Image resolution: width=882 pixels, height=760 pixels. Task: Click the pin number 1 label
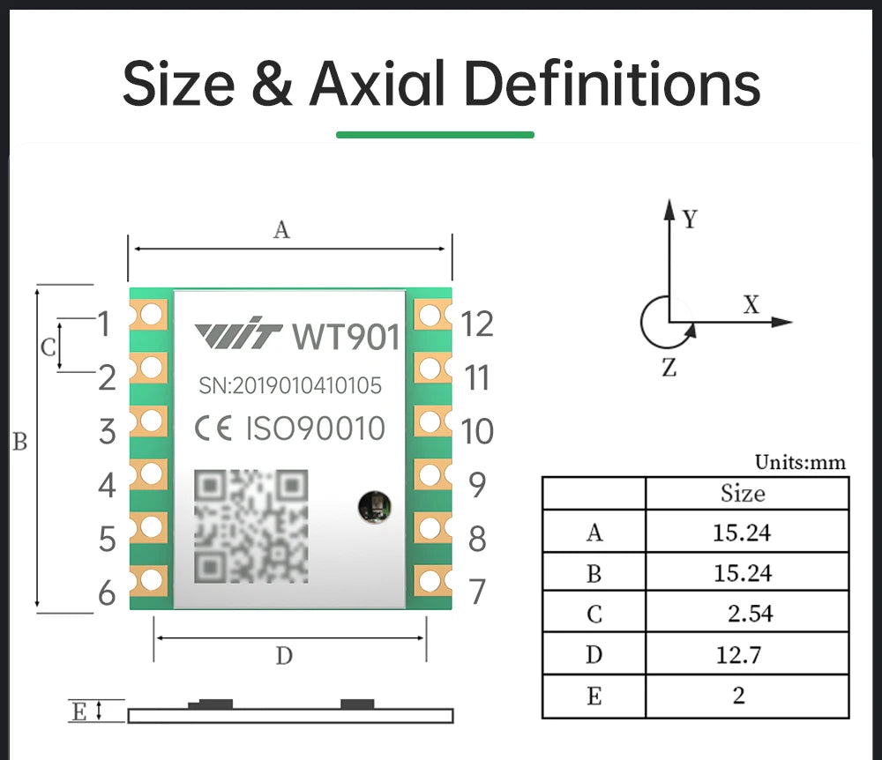104,324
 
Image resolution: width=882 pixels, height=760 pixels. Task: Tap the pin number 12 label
477,324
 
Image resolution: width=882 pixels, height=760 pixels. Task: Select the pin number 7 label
477,592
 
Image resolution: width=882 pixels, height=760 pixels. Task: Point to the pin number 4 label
107,485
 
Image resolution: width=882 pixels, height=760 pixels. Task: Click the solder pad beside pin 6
151,579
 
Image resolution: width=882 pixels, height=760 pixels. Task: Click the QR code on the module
251,526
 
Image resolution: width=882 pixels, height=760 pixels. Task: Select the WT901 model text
346,337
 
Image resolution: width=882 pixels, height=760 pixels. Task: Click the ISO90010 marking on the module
315,429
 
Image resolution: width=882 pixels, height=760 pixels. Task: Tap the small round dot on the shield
370,506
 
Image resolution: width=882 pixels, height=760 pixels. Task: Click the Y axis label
690,220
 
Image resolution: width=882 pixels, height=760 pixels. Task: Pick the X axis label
751,305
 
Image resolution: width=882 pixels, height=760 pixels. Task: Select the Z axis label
669,369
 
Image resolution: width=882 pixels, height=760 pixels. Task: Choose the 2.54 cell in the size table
750,613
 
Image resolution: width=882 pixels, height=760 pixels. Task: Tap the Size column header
742,493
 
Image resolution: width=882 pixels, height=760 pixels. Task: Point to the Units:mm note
800,463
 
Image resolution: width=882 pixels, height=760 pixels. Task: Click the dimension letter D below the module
283,656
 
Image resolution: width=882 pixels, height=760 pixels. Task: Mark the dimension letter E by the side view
79,712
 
